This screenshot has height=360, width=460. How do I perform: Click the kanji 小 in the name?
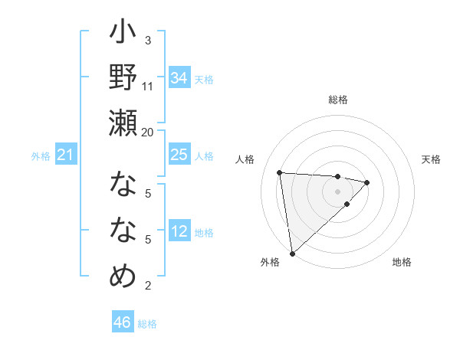(x=123, y=34)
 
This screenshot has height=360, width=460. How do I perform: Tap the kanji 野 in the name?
(x=123, y=78)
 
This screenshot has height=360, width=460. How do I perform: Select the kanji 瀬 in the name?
(x=123, y=123)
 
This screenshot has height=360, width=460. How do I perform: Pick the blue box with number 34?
(x=179, y=78)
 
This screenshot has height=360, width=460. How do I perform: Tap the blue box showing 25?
(x=179, y=155)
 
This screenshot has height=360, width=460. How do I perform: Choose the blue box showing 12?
(x=179, y=231)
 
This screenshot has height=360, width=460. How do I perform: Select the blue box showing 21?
(x=66, y=155)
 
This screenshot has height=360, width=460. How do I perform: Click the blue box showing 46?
(x=123, y=322)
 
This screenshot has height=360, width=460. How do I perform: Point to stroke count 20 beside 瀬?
(x=148, y=132)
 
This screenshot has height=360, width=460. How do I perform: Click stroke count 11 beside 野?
(x=148, y=86)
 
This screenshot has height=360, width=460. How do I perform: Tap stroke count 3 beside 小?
(x=148, y=40)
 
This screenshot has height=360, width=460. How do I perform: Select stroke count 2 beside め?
(x=148, y=286)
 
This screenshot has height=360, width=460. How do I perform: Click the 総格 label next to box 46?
(x=147, y=324)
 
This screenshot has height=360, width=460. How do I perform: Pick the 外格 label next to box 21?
(x=41, y=156)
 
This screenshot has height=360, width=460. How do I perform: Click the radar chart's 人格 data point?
(x=280, y=172)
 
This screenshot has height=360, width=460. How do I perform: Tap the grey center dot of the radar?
(x=337, y=191)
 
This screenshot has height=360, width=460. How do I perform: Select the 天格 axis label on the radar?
(x=431, y=159)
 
